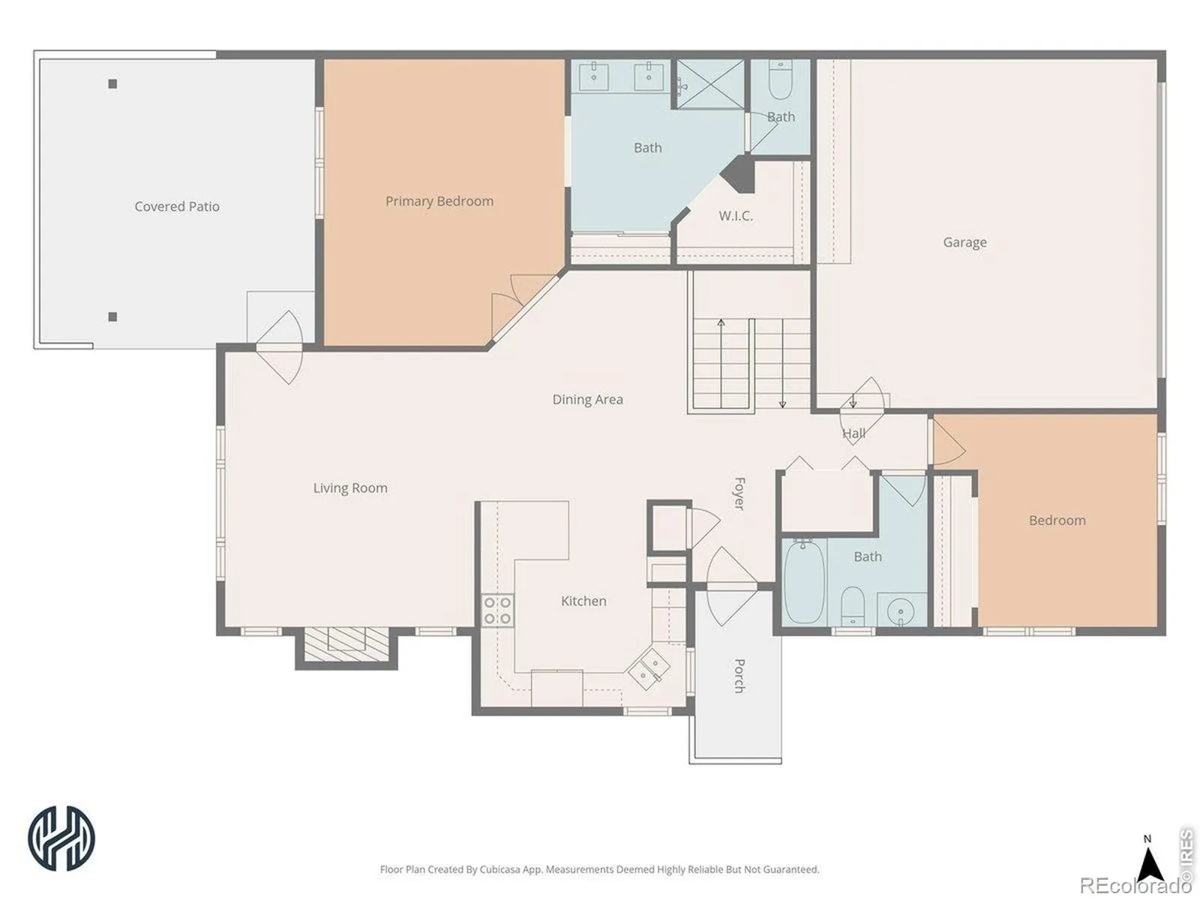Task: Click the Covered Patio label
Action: [x=177, y=206]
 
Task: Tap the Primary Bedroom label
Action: [x=439, y=202]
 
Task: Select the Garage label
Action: [x=965, y=242]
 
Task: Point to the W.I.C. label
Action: [x=736, y=216]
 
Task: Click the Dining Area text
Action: [x=588, y=400]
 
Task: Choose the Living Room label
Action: [x=350, y=488]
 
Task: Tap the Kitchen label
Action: [x=583, y=601]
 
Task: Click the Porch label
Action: [x=739, y=676]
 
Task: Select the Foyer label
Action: [x=739, y=494]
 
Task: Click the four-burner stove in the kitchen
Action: [x=497, y=610]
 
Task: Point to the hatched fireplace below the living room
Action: [x=346, y=646]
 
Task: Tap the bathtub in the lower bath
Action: [x=804, y=582]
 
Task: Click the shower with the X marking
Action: [x=711, y=84]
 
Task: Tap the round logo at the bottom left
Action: [x=61, y=838]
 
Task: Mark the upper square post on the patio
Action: [x=112, y=84]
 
